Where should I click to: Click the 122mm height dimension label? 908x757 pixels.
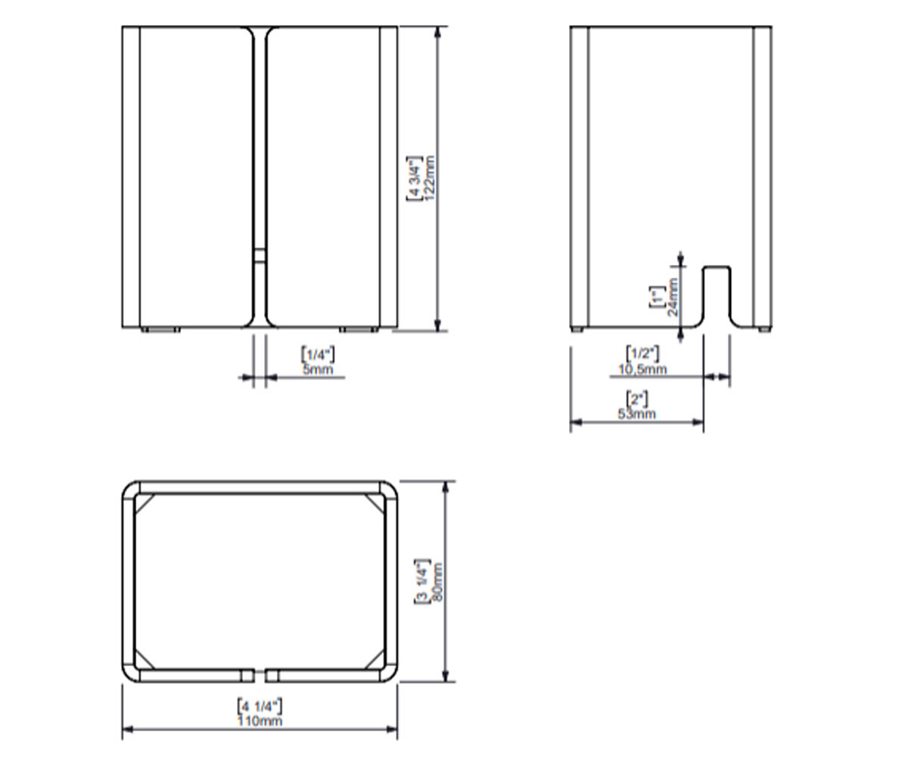pyautogui.click(x=429, y=178)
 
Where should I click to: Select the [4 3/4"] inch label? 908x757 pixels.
pyautogui.click(x=414, y=179)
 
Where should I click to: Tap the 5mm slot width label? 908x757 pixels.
pyautogui.click(x=318, y=370)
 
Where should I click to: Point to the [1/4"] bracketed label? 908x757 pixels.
pyautogui.click(x=318, y=354)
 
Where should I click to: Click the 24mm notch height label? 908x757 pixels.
pyautogui.click(x=673, y=298)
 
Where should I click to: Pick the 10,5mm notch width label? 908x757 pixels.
pyautogui.click(x=642, y=369)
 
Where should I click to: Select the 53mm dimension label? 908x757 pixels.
pyautogui.click(x=636, y=413)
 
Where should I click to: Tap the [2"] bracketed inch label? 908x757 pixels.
pyautogui.click(x=636, y=398)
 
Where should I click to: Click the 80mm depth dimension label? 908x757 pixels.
pyautogui.click(x=437, y=581)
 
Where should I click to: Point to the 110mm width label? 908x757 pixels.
pyautogui.click(x=260, y=721)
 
